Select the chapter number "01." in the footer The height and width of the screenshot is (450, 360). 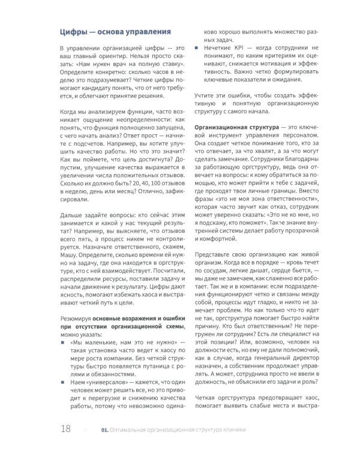[106, 430]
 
